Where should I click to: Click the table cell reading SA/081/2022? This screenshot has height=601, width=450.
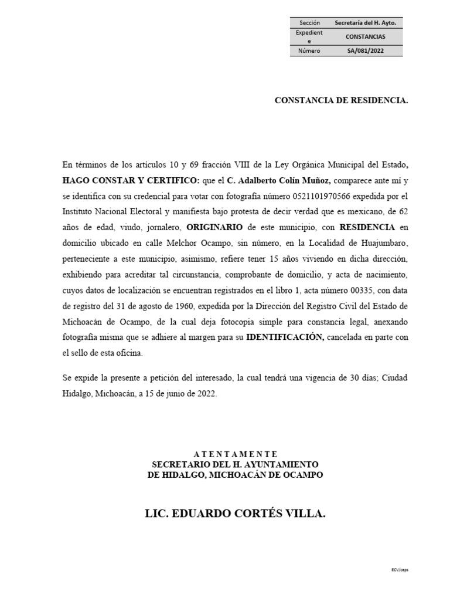(366, 50)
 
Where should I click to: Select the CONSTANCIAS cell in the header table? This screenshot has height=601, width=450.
(366, 36)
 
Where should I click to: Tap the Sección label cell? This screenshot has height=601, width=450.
(309, 22)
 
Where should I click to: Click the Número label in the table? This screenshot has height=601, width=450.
(309, 50)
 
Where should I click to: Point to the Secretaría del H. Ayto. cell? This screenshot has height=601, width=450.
(366, 22)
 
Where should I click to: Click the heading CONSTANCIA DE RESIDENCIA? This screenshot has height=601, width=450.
(341, 101)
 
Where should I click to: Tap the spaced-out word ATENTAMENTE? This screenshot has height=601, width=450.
(234, 454)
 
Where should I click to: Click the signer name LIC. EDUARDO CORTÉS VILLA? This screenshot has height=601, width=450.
(234, 514)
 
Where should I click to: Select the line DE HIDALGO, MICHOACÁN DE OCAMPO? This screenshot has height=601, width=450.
(234, 474)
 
